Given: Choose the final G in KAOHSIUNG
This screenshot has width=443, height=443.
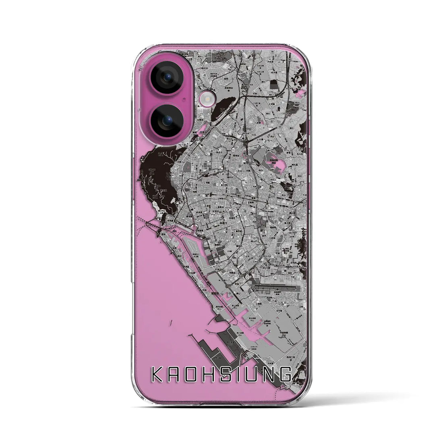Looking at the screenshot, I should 285,375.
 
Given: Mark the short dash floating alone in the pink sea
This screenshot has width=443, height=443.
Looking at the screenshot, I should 171,322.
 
